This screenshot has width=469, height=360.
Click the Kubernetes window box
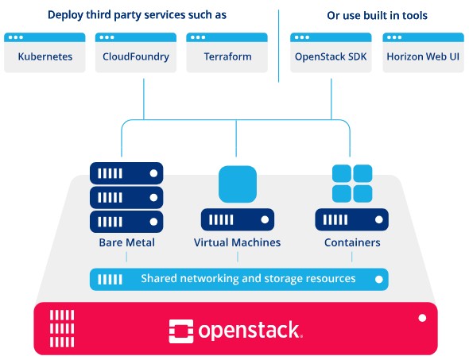(x=45, y=52)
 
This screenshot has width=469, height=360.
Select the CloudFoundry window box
(x=136, y=52)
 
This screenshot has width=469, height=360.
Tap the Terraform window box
(x=227, y=52)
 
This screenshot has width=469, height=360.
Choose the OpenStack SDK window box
(x=331, y=52)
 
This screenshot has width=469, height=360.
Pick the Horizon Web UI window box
(x=423, y=52)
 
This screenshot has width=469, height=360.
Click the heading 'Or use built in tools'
(x=377, y=15)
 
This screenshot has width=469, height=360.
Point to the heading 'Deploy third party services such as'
(x=137, y=15)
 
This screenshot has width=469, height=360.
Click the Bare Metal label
(x=127, y=242)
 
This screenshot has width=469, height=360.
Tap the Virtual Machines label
(x=237, y=242)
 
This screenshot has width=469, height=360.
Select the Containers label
(x=352, y=242)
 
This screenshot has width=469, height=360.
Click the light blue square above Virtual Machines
(x=238, y=184)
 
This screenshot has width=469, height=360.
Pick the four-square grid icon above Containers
(x=352, y=184)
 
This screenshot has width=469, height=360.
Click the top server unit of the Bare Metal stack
(x=126, y=173)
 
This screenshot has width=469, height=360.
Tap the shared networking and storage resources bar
(x=239, y=279)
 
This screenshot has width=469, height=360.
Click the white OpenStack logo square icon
(x=181, y=331)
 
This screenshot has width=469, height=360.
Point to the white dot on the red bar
(x=422, y=318)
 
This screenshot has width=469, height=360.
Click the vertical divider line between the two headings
(x=278, y=46)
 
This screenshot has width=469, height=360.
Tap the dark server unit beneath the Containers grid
(x=351, y=220)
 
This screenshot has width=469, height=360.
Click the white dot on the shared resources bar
(x=379, y=279)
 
